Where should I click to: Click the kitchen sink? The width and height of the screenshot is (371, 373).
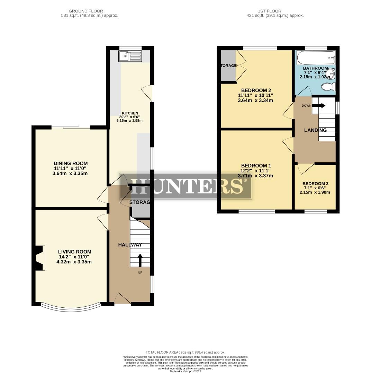130,56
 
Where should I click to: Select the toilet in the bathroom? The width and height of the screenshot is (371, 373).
327,86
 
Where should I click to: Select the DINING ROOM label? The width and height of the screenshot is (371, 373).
71,163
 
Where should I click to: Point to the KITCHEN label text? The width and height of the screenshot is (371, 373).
130,113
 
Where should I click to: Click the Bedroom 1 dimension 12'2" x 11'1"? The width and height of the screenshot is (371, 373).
257,171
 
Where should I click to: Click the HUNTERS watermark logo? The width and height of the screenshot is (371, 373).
185,186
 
